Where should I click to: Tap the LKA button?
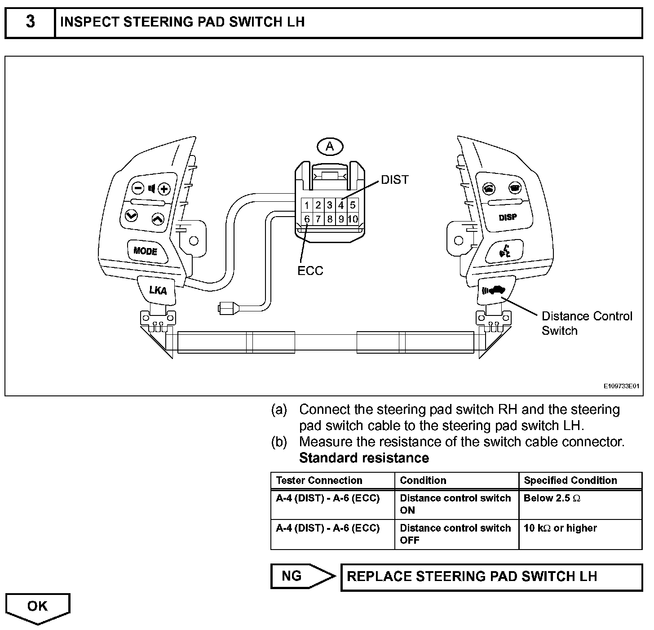click(x=158, y=290)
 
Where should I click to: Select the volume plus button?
click(x=164, y=189)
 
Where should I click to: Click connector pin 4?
click(x=341, y=205)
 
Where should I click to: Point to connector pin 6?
click(x=307, y=219)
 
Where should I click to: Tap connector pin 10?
click(x=353, y=219)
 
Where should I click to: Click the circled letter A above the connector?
click(x=330, y=146)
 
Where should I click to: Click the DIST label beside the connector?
click(x=395, y=180)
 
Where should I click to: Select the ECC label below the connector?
click(x=310, y=271)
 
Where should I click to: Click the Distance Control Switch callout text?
click(x=587, y=324)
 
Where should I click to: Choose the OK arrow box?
click(x=38, y=607)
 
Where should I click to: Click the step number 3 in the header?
click(x=30, y=22)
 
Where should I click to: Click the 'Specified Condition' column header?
click(x=570, y=480)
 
